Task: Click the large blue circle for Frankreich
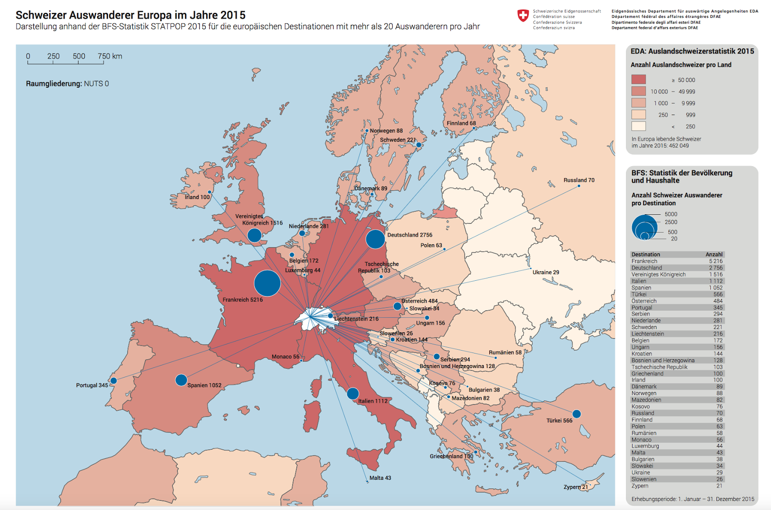point(267,283)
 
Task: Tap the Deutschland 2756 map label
point(410,235)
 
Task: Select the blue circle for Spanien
point(181,380)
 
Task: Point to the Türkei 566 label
point(559,420)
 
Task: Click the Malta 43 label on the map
point(380,478)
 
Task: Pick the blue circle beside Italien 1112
point(353,393)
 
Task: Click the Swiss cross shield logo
point(523,16)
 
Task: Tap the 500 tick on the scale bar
point(79,56)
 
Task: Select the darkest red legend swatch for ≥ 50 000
point(638,79)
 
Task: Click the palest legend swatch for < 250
point(638,126)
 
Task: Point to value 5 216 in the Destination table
point(716,261)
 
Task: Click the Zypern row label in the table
point(640,486)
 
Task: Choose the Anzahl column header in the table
point(714,254)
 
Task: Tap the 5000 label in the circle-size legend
point(671,214)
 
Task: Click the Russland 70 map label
point(579,180)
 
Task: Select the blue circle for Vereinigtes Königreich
point(254,235)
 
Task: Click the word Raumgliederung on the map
point(53,84)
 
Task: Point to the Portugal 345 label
point(92,385)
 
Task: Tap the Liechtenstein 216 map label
point(357,319)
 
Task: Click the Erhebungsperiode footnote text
point(692,499)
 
